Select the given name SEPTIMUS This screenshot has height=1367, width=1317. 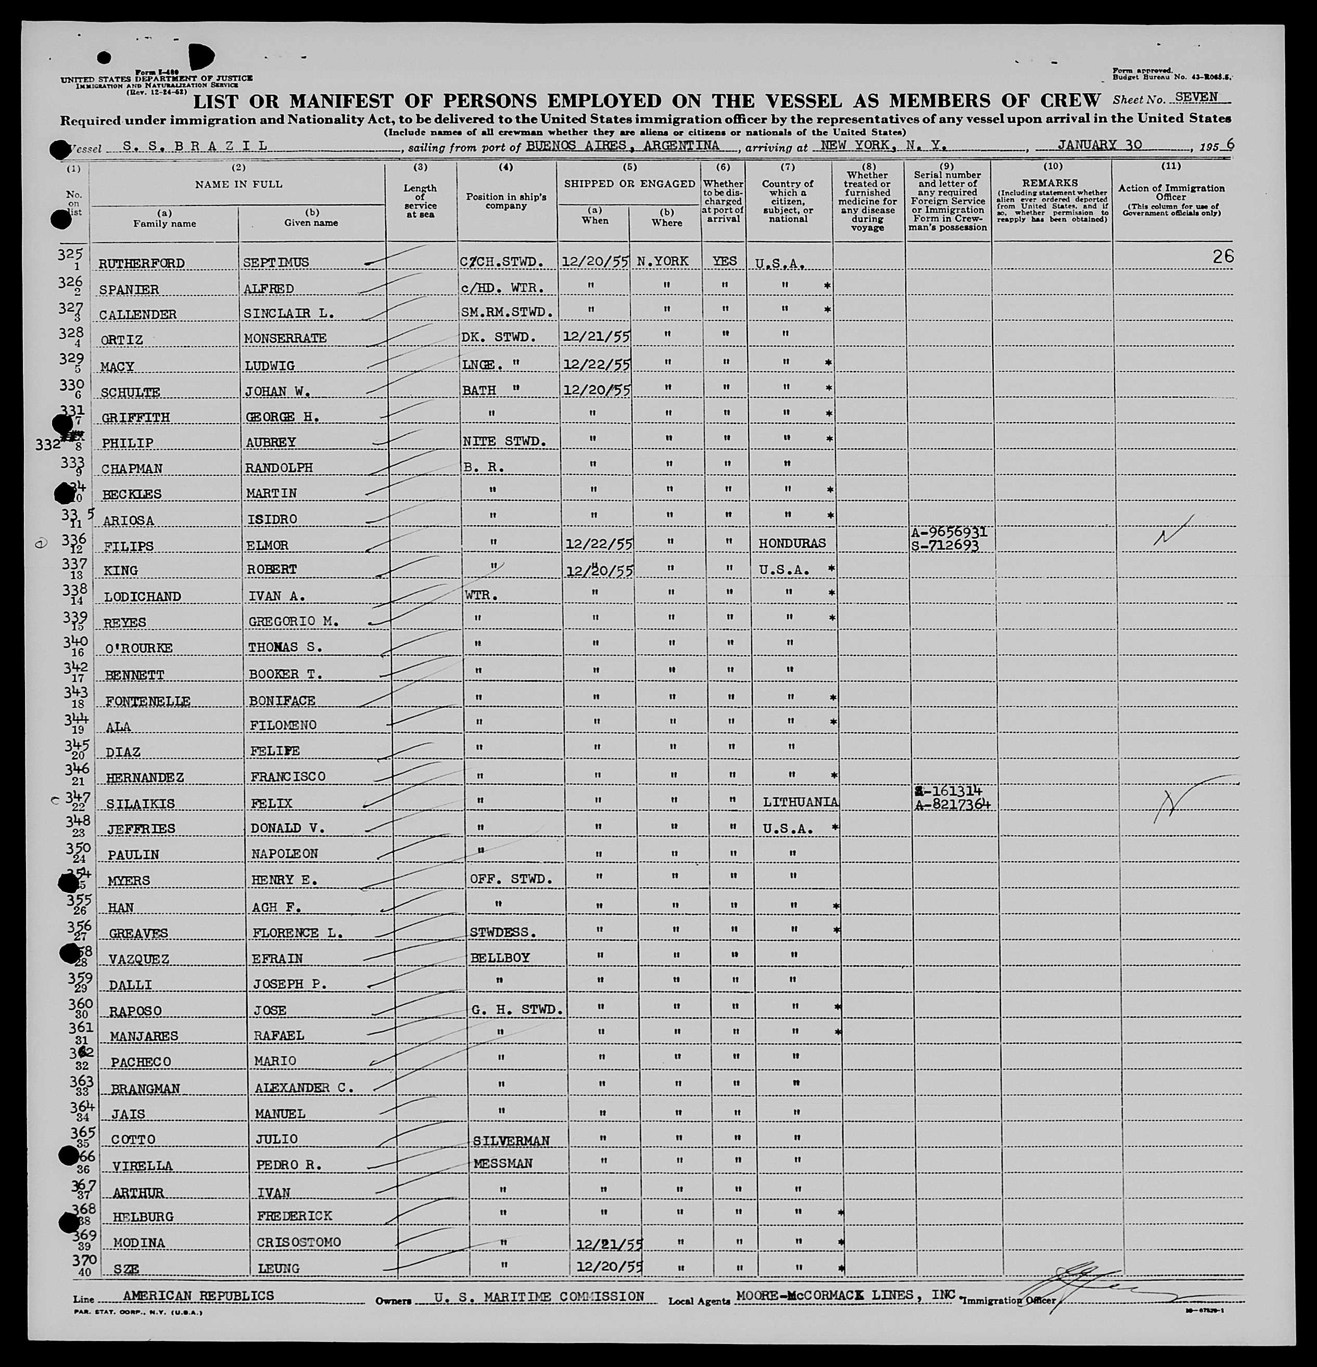click(276, 263)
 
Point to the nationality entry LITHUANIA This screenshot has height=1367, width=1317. click(800, 803)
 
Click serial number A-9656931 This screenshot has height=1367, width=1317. click(948, 532)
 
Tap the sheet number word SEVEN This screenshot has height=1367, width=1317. click(1196, 98)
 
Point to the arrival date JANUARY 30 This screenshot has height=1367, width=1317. click(1099, 145)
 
